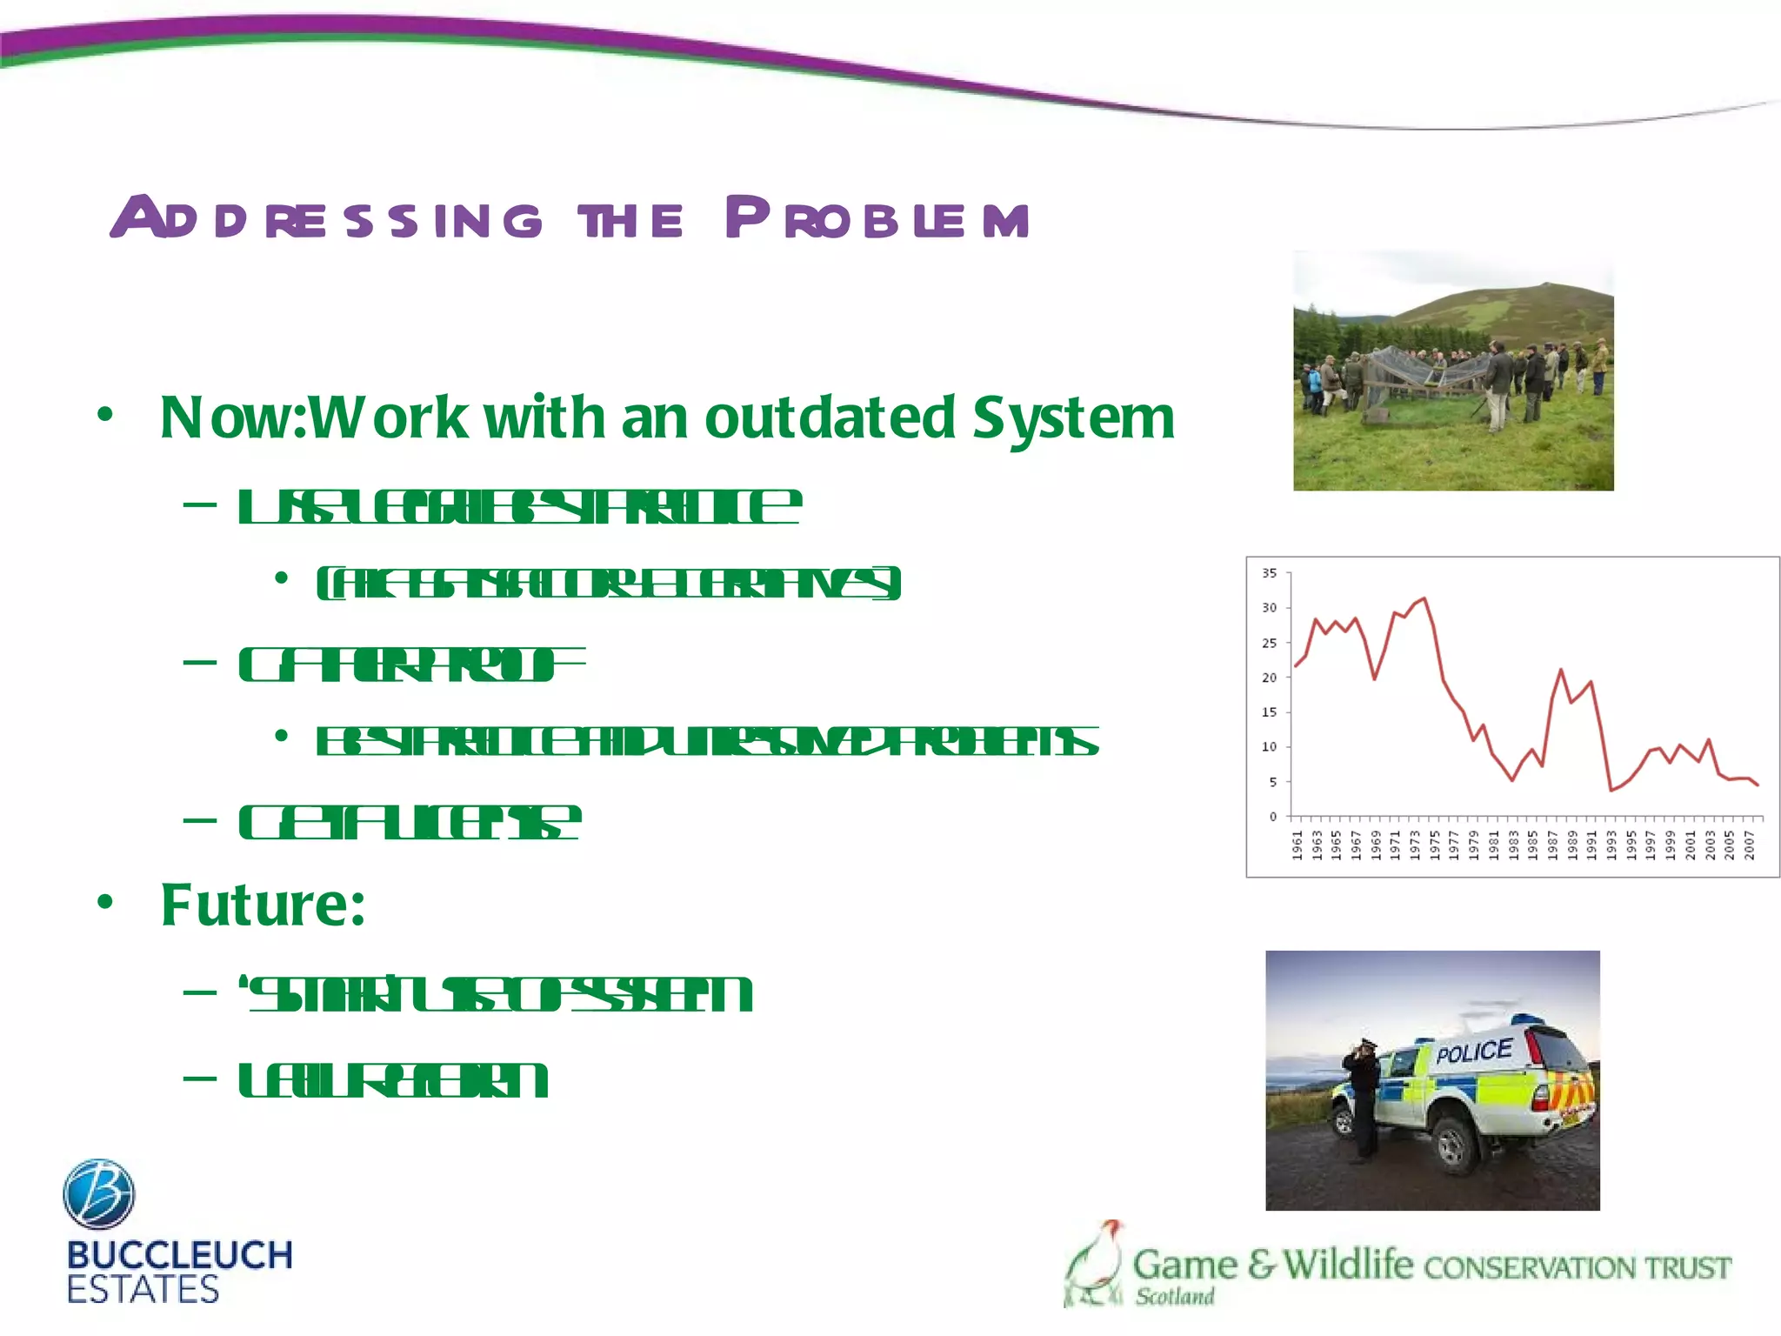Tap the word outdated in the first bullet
(830, 418)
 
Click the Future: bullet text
(263, 905)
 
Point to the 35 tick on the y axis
(1270, 573)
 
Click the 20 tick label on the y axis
(1270, 678)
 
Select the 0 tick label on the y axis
(1273, 817)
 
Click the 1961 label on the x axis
(1297, 845)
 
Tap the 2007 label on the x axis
(1749, 845)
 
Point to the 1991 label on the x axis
(1591, 845)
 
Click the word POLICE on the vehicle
(1474, 1052)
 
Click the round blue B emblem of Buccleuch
(99, 1193)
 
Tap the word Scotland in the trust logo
(1175, 1297)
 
